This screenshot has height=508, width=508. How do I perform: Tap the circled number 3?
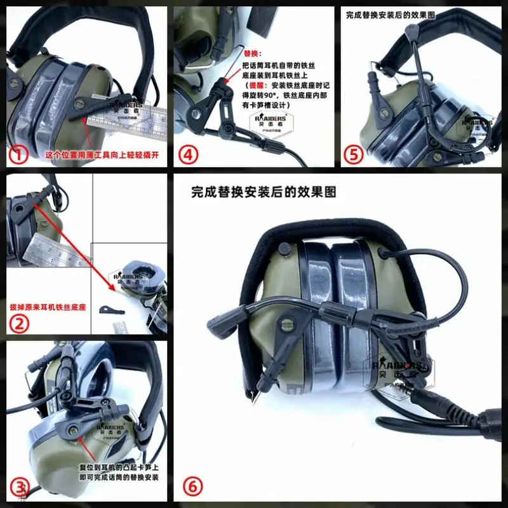click(x=22, y=488)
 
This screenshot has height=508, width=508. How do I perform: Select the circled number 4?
click(x=187, y=155)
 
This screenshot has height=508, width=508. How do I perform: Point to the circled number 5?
click(x=352, y=155)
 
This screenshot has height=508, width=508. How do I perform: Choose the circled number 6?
click(x=194, y=487)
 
